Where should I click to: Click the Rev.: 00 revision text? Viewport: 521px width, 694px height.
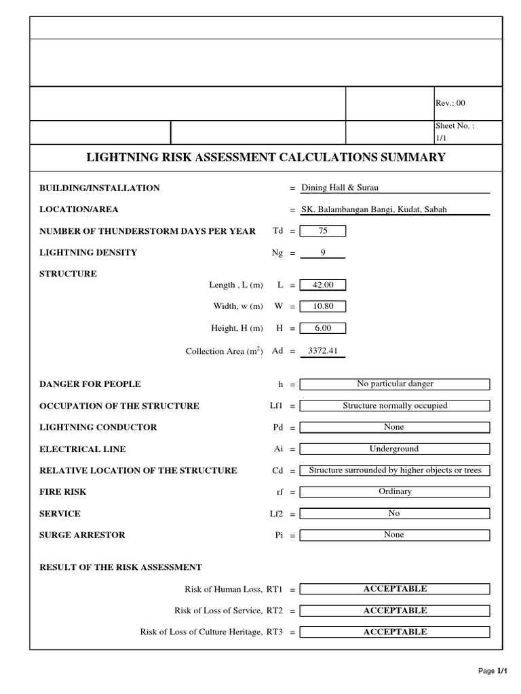(x=450, y=103)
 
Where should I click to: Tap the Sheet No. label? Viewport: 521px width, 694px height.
(x=455, y=126)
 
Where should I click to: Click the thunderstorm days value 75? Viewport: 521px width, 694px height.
(x=323, y=231)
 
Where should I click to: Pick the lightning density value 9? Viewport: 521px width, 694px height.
(x=323, y=253)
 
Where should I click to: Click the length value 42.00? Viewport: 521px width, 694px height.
(x=323, y=285)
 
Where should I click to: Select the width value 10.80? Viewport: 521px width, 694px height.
(x=323, y=306)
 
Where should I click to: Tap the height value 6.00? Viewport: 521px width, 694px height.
(x=323, y=328)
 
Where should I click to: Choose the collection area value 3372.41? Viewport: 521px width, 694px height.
(x=323, y=351)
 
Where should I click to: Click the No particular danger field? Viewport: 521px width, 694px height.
(x=395, y=384)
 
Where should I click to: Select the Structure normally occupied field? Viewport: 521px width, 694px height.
(x=395, y=406)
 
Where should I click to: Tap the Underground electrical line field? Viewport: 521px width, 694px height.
(x=395, y=449)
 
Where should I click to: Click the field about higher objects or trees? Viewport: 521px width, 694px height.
(x=395, y=470)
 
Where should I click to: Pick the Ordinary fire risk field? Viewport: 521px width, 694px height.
(x=395, y=492)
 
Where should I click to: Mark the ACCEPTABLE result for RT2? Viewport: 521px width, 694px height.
(x=395, y=611)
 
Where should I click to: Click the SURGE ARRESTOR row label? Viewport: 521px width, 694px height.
(x=82, y=535)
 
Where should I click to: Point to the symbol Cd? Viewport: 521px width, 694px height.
(x=277, y=471)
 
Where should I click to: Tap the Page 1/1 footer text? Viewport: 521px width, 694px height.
(x=493, y=671)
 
